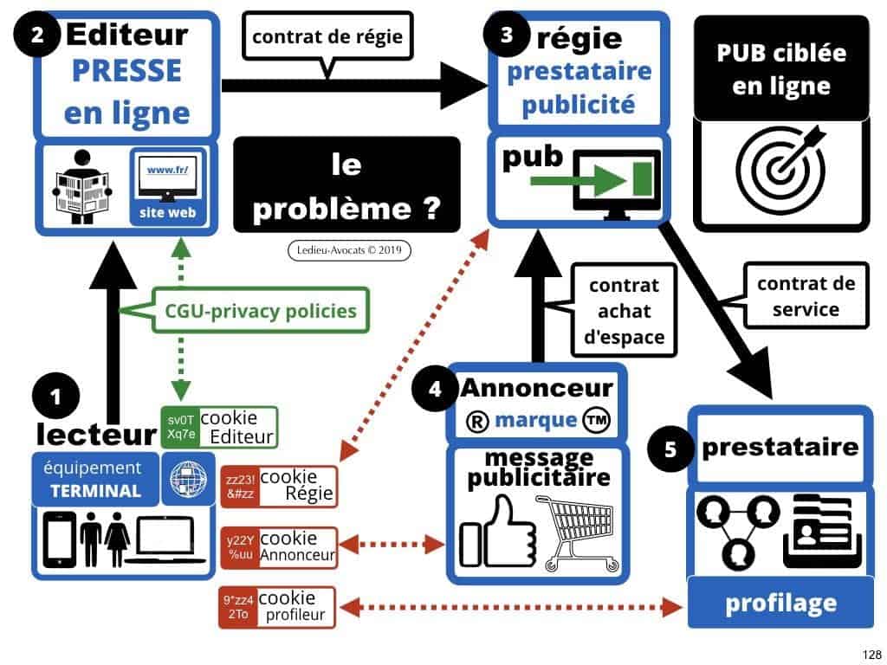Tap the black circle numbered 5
671,449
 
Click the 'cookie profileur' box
279,607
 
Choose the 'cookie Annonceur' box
279,546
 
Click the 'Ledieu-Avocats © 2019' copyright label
348,250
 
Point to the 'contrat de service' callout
805,295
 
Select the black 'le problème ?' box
346,184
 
